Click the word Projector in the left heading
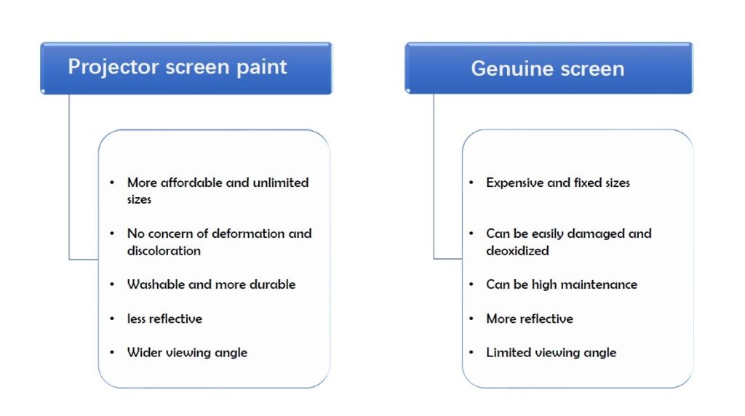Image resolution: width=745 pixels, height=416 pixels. click(113, 67)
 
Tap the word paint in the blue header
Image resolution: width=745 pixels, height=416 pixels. click(262, 68)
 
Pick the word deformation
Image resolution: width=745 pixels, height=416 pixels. click(248, 233)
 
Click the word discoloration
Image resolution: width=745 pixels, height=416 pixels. click(164, 250)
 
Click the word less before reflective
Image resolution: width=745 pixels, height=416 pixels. click(136, 319)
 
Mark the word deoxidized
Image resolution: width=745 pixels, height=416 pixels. click(517, 250)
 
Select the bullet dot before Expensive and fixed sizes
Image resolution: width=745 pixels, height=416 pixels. click(471, 183)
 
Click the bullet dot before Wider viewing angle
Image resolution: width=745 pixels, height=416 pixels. click(112, 353)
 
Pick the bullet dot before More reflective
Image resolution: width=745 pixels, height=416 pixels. click(471, 319)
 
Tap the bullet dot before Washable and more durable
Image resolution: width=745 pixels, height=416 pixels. click(112, 284)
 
